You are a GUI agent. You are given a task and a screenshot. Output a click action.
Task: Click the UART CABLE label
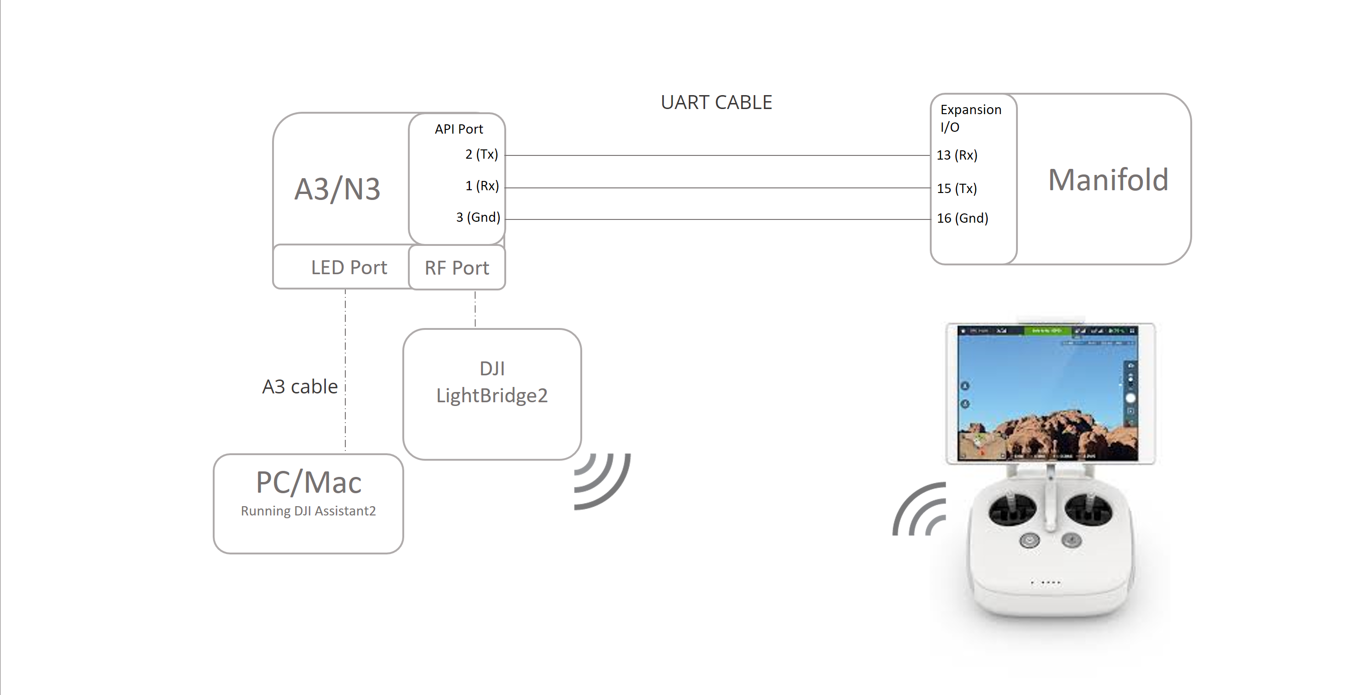(x=716, y=103)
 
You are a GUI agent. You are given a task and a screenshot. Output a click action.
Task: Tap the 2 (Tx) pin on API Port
(x=482, y=154)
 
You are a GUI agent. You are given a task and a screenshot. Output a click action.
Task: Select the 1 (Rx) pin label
(x=482, y=186)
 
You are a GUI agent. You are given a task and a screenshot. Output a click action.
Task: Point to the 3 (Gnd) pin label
(x=478, y=218)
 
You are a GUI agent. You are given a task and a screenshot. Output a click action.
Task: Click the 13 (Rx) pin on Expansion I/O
(x=957, y=155)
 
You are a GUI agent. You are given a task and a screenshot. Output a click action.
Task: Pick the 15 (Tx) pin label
(x=957, y=188)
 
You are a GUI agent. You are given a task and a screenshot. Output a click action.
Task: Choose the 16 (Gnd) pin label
(x=962, y=218)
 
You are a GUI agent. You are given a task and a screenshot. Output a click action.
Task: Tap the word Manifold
(x=1108, y=180)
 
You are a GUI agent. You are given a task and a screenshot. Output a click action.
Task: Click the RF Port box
(x=457, y=268)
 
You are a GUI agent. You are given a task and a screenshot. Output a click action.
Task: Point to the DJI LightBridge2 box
(x=492, y=394)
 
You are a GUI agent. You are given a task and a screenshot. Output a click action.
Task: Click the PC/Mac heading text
(x=308, y=483)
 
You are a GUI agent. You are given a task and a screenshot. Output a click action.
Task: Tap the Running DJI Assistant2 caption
(x=308, y=511)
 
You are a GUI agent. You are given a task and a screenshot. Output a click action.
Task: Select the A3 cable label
(x=300, y=386)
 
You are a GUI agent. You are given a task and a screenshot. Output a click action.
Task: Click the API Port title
(x=458, y=129)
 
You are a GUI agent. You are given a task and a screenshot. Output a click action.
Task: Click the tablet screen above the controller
(x=1047, y=393)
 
